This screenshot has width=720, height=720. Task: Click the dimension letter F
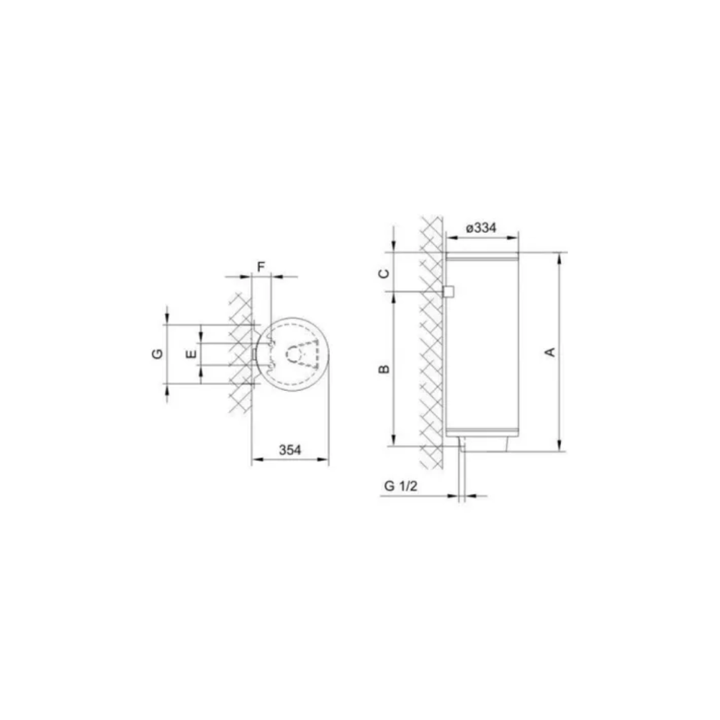(x=261, y=267)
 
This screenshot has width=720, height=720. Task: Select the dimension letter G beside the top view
(x=158, y=354)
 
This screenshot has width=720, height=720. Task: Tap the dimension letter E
(x=192, y=354)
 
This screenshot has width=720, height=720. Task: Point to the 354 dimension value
(x=290, y=450)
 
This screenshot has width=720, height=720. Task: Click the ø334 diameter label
(x=481, y=228)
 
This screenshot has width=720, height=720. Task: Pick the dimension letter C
(x=384, y=274)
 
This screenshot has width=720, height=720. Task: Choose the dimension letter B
(x=384, y=369)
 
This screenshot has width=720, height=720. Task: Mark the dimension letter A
(x=549, y=352)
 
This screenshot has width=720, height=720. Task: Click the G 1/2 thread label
(x=401, y=486)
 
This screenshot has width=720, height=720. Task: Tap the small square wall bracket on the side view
(x=448, y=292)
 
